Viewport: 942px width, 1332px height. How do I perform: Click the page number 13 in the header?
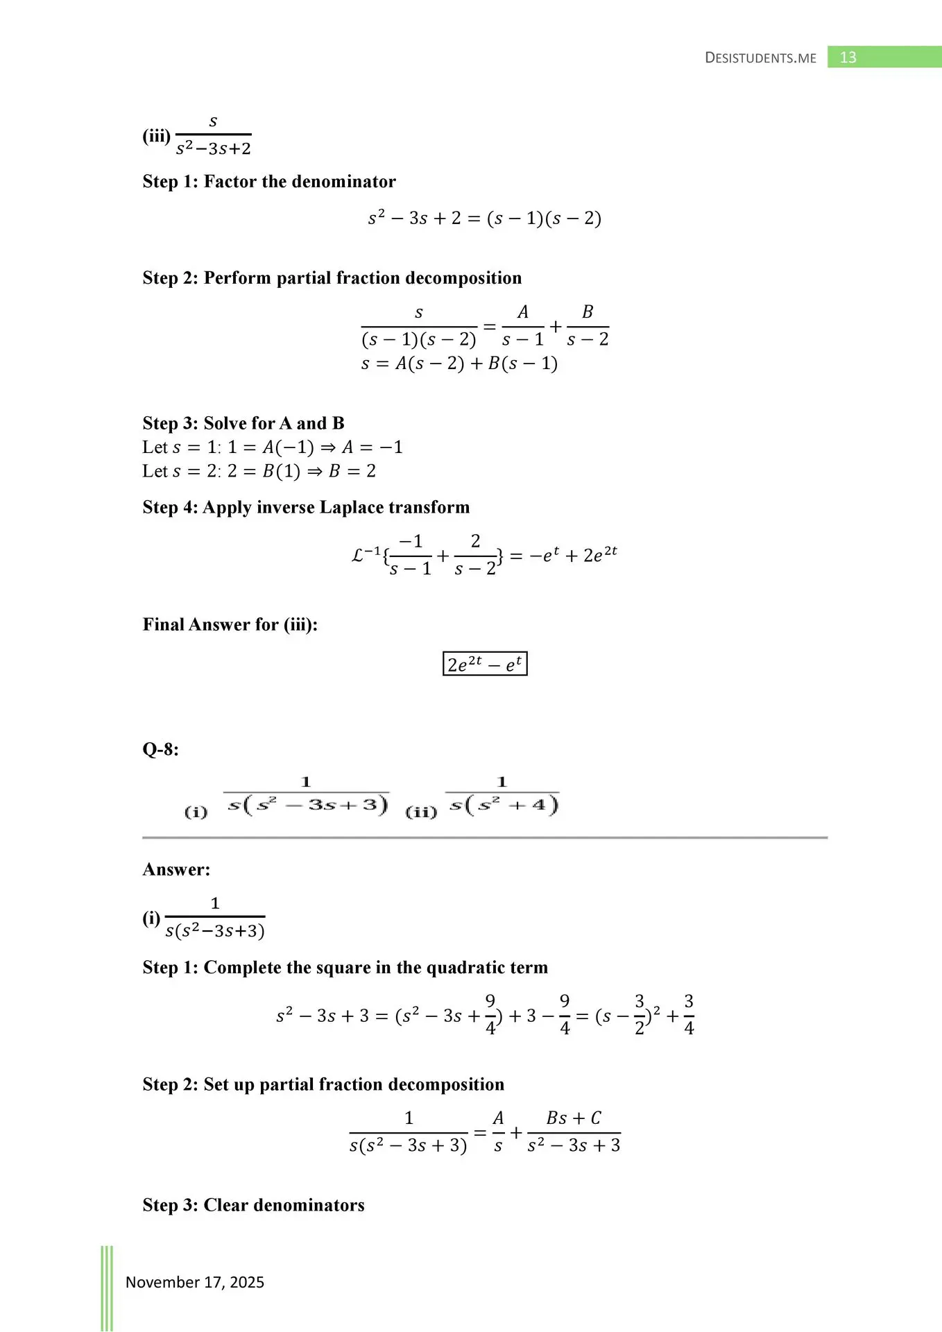coord(848,58)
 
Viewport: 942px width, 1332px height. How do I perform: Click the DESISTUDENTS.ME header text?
coord(760,58)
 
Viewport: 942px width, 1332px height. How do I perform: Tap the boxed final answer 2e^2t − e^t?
coord(485,664)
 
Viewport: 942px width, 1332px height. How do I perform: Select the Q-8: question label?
coord(160,749)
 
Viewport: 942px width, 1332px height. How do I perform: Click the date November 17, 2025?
coord(195,1282)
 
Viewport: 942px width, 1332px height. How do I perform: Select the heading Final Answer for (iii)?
coord(230,624)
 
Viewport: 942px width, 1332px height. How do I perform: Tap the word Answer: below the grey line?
coord(176,869)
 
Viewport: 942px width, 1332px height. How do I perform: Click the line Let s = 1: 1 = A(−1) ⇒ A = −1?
coord(273,447)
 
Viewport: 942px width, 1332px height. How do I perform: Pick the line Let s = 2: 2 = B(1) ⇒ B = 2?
coord(259,471)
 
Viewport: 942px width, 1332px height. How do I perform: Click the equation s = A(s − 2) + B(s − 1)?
coord(459,364)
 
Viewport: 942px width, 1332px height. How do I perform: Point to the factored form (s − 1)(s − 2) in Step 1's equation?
coord(544,219)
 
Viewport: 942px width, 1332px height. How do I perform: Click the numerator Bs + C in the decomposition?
coord(574,1118)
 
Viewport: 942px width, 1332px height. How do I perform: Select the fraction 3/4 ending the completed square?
coord(689,1015)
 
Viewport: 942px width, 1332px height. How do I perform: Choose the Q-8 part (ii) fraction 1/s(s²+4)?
coord(502,795)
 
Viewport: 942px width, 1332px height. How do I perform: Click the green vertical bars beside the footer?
coord(107,1287)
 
